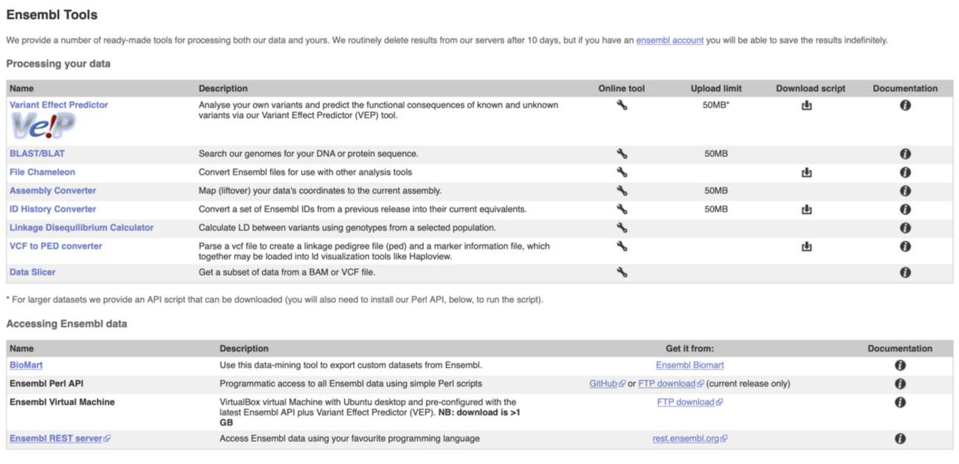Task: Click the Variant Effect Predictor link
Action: tap(58, 105)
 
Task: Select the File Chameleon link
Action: tap(42, 172)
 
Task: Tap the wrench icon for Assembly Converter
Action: tap(622, 190)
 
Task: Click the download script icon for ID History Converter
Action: tap(807, 210)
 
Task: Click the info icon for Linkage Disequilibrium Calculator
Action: tap(905, 228)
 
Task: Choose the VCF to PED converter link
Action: tap(55, 246)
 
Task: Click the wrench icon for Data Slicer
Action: tap(622, 272)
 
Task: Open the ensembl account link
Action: tap(670, 41)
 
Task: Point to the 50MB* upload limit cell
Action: tap(716, 105)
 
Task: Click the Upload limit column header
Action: tap(716, 89)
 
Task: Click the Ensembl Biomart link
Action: tap(690, 364)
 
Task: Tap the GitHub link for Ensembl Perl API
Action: tap(603, 384)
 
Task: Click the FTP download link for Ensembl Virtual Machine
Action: tap(686, 402)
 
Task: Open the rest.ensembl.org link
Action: tap(686, 438)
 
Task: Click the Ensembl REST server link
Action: tap(55, 438)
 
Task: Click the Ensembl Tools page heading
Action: tap(52, 15)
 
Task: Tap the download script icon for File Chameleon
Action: tap(807, 172)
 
